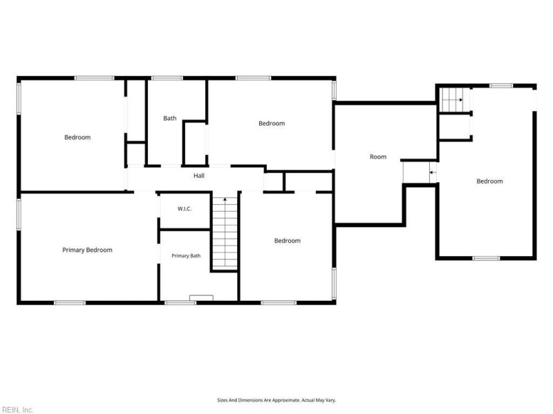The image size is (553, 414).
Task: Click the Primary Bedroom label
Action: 88,250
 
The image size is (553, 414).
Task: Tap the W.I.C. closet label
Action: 185,209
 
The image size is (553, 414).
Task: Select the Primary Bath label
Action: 186,256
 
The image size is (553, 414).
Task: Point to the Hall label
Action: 199,176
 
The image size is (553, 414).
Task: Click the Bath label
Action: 169,118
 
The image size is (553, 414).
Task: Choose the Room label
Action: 378,157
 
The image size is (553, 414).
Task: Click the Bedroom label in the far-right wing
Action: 489,181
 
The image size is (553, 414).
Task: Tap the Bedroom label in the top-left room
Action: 77,137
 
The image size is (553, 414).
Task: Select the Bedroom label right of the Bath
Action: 272,124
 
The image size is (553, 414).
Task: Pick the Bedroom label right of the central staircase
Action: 288,241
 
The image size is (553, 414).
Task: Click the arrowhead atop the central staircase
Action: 225,199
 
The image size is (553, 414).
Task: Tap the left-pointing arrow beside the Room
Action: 433,172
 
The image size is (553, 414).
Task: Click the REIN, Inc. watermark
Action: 17,410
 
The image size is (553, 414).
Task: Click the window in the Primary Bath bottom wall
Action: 180,302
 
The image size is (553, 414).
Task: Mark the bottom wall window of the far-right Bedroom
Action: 486,258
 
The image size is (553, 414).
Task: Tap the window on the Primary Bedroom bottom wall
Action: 70,303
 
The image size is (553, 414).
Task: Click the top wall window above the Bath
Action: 167,78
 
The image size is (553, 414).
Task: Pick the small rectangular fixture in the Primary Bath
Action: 201,298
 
